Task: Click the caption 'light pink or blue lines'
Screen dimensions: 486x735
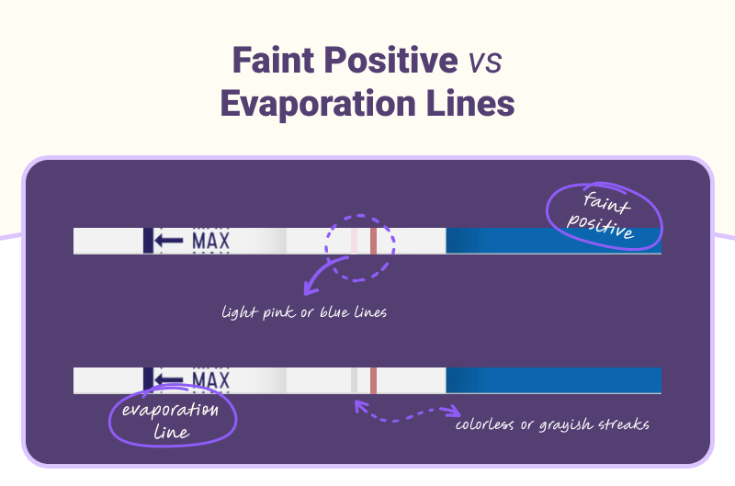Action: pyautogui.click(x=304, y=312)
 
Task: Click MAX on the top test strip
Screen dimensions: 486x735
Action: pyautogui.click(x=209, y=241)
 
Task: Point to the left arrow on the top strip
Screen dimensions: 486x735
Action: pyautogui.click(x=169, y=241)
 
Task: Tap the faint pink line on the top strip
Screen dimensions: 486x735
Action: pyautogui.click(x=354, y=241)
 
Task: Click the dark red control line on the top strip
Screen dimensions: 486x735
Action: pyautogui.click(x=374, y=241)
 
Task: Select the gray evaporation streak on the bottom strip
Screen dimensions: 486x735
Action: pyautogui.click(x=354, y=380)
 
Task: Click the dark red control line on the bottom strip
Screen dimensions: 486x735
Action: pyautogui.click(x=374, y=380)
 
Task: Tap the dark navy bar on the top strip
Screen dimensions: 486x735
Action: pyautogui.click(x=147, y=241)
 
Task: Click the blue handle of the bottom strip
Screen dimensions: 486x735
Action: pyautogui.click(x=551, y=380)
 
